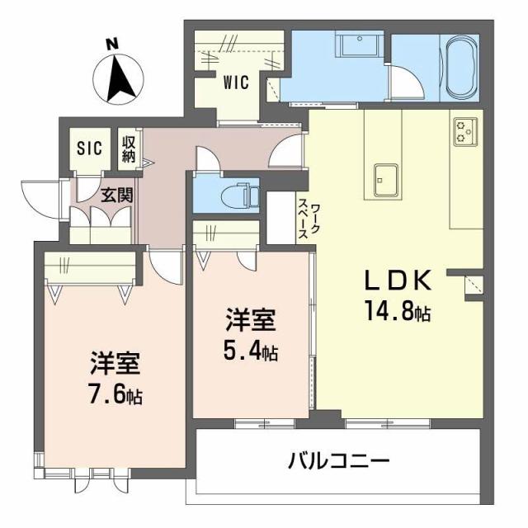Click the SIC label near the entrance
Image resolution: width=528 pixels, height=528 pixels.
89,148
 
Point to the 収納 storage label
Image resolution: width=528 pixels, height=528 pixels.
129,148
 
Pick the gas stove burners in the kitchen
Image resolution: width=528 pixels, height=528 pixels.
464,130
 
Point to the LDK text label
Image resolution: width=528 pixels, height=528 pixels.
399,282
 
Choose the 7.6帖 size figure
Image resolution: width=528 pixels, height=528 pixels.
115,396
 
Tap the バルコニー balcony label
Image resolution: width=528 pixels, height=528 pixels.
338,460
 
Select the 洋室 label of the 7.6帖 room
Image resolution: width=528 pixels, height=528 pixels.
115,364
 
